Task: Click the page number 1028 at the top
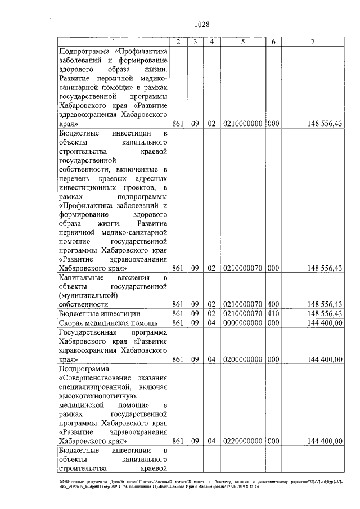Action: click(x=201, y=24)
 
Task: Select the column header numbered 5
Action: click(x=242, y=42)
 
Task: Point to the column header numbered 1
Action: click(x=114, y=42)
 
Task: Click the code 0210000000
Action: click(x=242, y=124)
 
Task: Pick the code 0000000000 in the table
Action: click(x=242, y=323)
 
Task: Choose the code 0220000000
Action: click(x=242, y=442)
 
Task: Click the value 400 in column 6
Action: click(x=273, y=304)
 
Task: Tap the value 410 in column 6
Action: click(x=273, y=313)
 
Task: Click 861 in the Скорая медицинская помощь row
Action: click(x=178, y=323)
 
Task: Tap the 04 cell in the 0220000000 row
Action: click(x=211, y=442)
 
